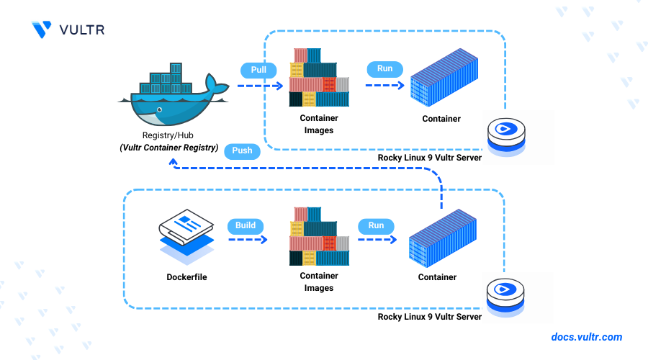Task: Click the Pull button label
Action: tap(257, 70)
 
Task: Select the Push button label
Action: tap(242, 151)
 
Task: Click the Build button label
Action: tap(246, 225)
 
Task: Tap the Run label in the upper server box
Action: tap(385, 69)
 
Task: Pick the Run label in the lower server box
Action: tap(377, 225)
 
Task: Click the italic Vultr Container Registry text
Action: tap(169, 147)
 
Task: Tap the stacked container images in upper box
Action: tap(319, 78)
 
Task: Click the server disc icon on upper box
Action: tap(506, 134)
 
